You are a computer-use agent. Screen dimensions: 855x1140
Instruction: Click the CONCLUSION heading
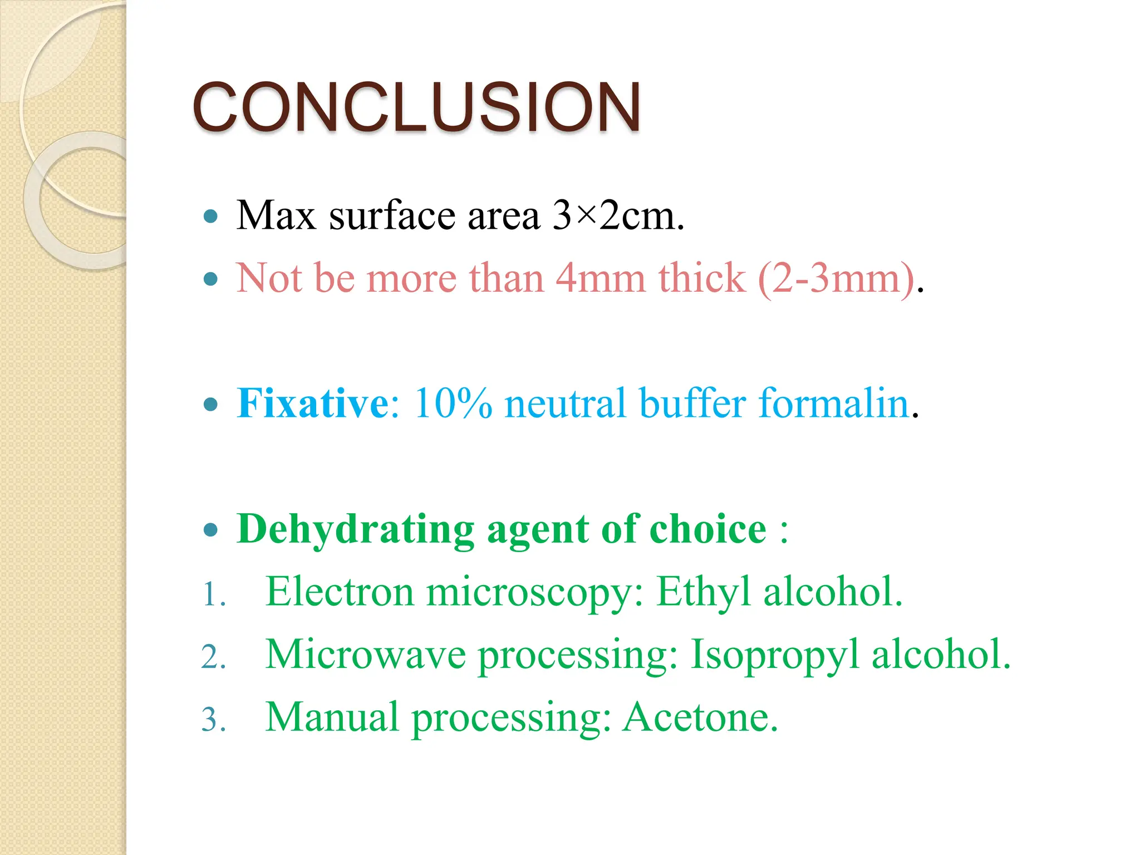[416, 107]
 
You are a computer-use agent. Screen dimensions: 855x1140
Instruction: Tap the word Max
[276, 216]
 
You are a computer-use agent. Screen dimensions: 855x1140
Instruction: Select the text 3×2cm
[617, 216]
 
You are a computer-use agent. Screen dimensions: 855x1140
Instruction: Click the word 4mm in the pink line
[600, 278]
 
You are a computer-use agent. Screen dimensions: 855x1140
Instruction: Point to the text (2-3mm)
[837, 278]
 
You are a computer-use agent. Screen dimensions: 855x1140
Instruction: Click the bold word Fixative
[312, 404]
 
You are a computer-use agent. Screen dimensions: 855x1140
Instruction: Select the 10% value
[453, 404]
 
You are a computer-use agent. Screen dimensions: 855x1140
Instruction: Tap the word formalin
[834, 404]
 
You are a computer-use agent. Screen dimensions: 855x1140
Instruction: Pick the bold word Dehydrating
[355, 529]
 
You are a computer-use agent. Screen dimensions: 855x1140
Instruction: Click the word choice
[707, 529]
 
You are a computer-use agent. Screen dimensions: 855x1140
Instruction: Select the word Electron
[340, 592]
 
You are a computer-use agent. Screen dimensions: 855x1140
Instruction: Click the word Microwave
[366, 655]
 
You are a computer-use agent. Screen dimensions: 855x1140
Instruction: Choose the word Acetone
[700, 718]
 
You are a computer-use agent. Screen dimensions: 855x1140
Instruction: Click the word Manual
[332, 718]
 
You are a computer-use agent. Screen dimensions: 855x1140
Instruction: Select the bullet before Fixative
[211, 405]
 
